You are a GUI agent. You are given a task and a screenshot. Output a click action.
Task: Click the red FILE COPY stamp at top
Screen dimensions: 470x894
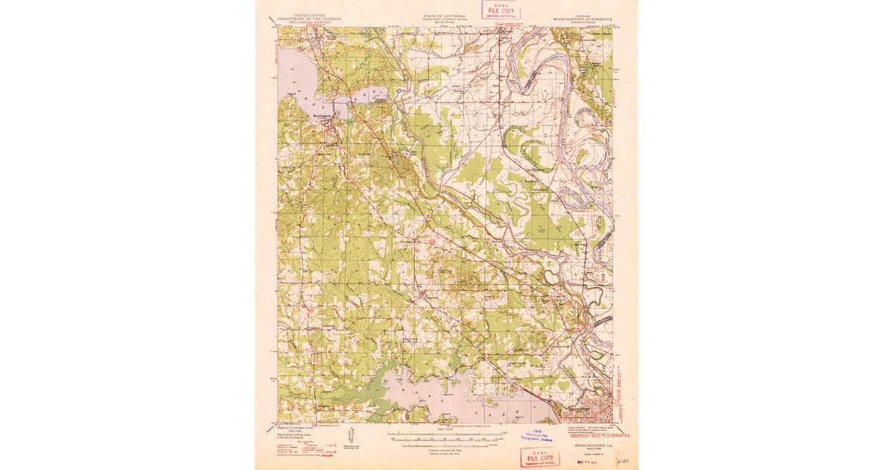(501, 10)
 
